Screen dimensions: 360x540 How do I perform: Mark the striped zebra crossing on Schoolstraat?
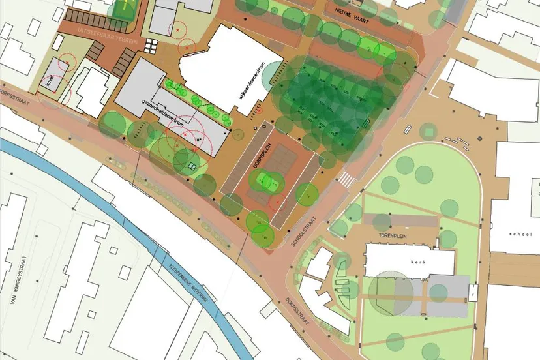coord(347,177)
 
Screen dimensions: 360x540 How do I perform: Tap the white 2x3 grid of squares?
coord(151,46)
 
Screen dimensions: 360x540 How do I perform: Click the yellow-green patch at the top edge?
coord(122,8)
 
